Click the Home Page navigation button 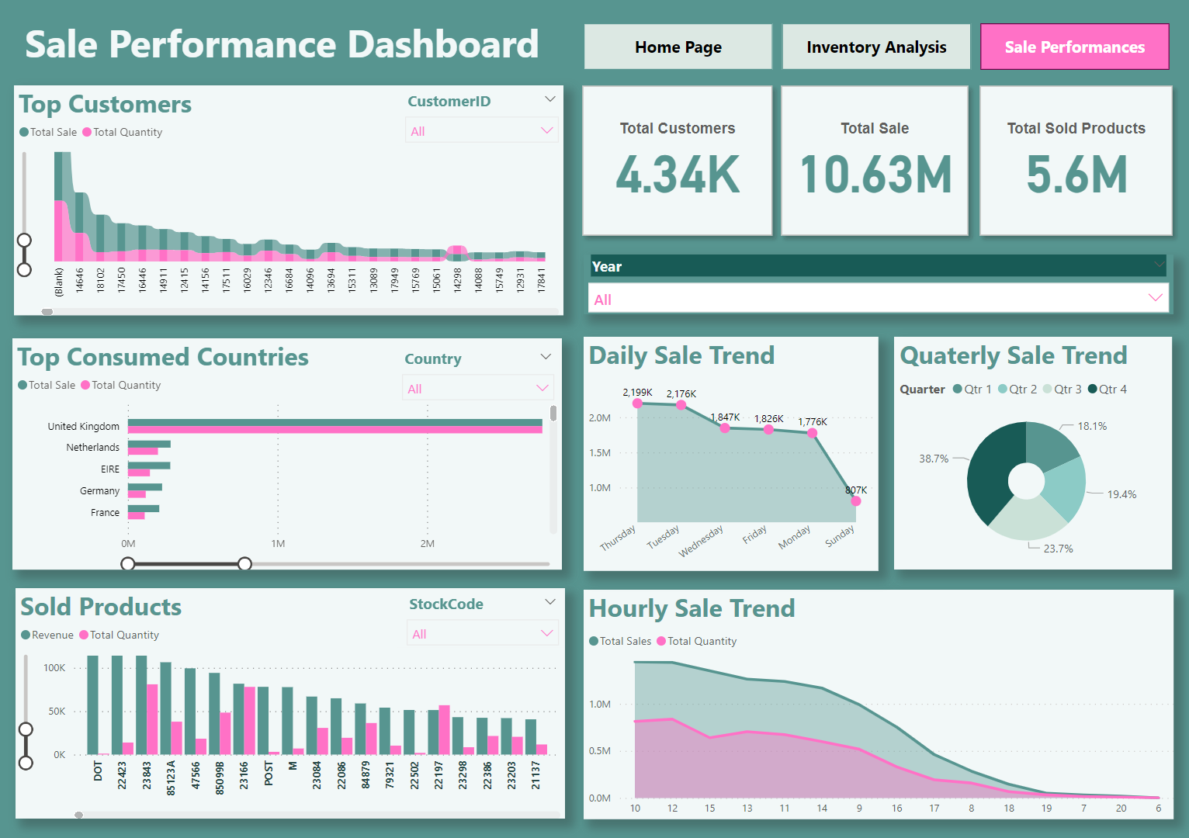[x=678, y=47]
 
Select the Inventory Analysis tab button [x=876, y=47]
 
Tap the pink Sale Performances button [x=1074, y=47]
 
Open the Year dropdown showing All [x=879, y=299]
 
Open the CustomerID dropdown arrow [x=550, y=99]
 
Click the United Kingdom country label [x=84, y=427]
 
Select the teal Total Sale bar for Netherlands [x=149, y=444]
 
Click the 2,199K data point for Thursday [x=637, y=403]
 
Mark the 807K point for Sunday [x=855, y=501]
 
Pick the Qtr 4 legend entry [x=1108, y=390]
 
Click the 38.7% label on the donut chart [x=934, y=459]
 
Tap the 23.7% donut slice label [x=1058, y=549]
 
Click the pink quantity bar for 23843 [x=153, y=719]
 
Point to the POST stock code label [x=269, y=774]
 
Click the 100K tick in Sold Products [x=54, y=668]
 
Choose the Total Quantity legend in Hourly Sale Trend [x=696, y=642]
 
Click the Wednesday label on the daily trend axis [x=701, y=541]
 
